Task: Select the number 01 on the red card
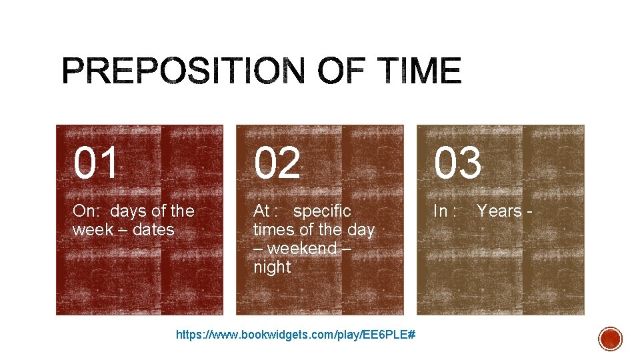(97, 164)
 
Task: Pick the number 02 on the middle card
(277, 164)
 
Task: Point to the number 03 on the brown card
(458, 164)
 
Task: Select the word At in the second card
(261, 211)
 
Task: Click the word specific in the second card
(322, 211)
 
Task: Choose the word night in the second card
(272, 267)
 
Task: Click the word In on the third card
(441, 211)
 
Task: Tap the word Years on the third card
(499, 211)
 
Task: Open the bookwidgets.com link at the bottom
(296, 334)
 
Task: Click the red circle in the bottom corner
(610, 339)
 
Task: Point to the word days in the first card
(128, 211)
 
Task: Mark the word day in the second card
(361, 230)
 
